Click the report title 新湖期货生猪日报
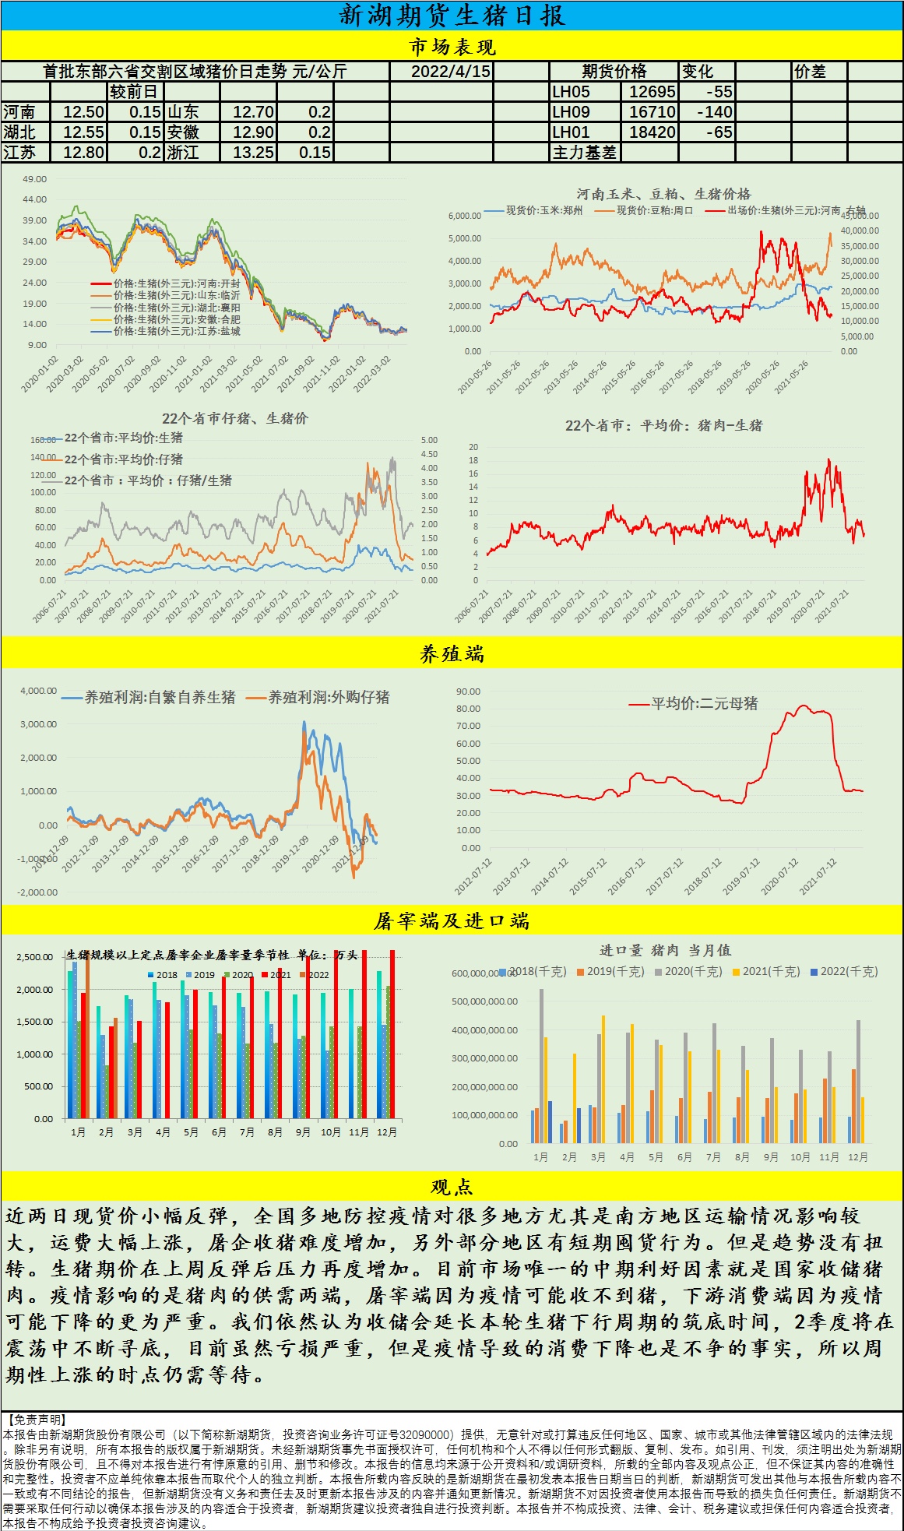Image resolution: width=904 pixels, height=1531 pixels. (452, 16)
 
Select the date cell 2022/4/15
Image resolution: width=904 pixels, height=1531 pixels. (451, 71)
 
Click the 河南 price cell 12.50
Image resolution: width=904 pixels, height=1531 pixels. (83, 112)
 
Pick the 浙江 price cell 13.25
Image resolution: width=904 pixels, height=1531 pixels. (253, 153)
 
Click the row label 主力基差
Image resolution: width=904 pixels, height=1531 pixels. (584, 153)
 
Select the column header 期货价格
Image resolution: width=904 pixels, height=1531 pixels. (614, 71)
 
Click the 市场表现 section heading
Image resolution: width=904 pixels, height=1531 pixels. (452, 48)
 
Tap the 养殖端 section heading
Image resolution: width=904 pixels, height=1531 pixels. (452, 654)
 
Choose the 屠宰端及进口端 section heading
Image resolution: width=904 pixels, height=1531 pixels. (452, 921)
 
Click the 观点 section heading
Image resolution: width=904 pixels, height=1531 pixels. (452, 1187)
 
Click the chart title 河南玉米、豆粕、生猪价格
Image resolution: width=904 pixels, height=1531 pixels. (663, 194)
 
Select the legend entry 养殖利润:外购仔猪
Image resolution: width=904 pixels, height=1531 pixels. (329, 697)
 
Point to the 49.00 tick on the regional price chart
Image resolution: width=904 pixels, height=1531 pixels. (34, 179)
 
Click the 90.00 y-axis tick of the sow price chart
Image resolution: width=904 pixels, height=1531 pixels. (468, 692)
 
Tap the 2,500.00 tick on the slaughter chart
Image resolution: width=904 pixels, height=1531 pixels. (34, 957)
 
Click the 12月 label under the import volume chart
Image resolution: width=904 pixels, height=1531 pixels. (857, 1157)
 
